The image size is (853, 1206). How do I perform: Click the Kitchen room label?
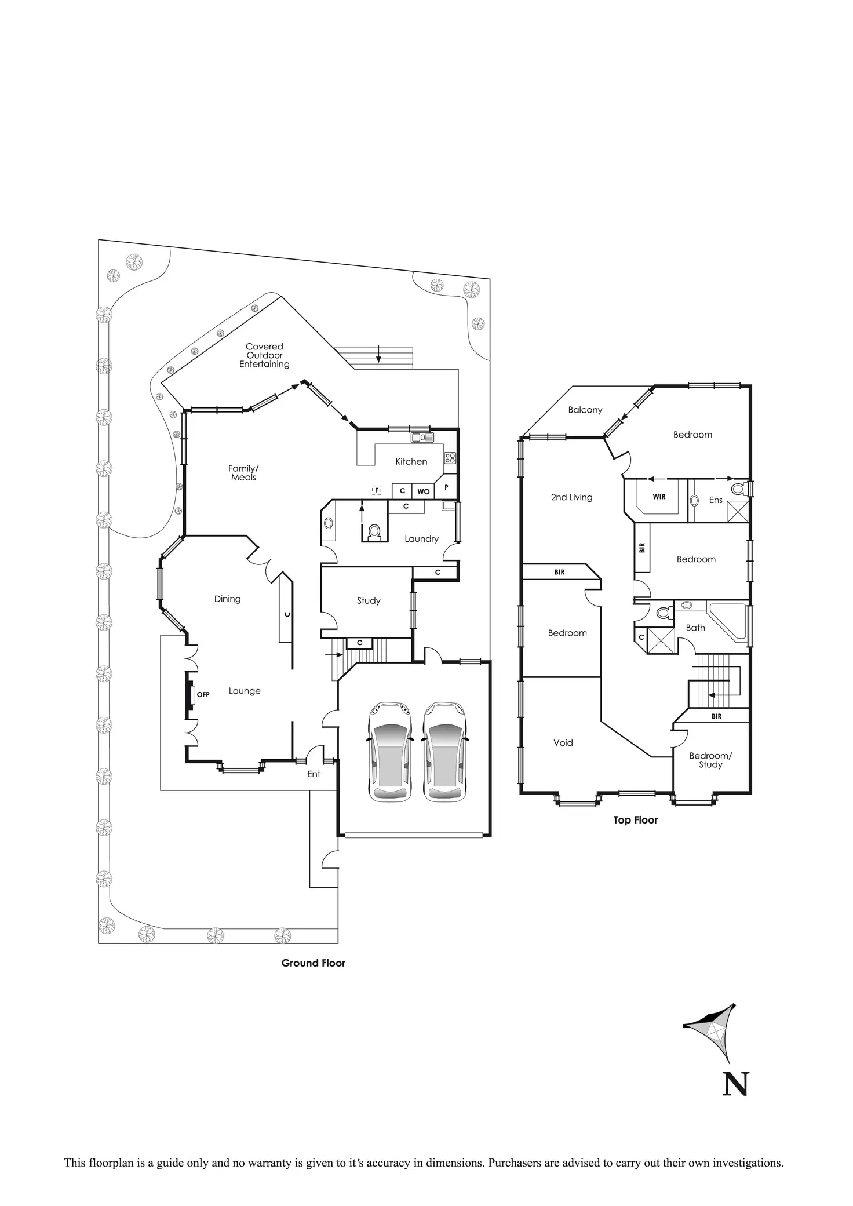coord(411,461)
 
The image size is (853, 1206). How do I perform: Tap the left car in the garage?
coord(390,752)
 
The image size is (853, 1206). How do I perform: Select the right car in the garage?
coord(444,752)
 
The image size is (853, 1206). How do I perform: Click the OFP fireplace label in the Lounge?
coord(203,694)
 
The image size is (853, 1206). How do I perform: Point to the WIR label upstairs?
coord(659,497)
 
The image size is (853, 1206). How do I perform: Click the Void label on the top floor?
coord(563,742)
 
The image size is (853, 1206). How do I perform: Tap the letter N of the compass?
coord(735,1084)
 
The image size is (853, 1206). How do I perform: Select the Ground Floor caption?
coord(313,963)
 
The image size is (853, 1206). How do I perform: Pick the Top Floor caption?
coord(636,820)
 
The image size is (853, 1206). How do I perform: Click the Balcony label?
coord(585,410)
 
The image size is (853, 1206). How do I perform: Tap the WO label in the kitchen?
coord(424,491)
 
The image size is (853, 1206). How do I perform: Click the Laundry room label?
coord(421,538)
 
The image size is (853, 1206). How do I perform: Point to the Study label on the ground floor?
coord(369,600)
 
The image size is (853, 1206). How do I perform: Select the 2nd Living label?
coord(571,497)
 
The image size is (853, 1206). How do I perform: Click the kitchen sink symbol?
coord(422,438)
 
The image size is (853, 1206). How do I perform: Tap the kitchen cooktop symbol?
coord(450,458)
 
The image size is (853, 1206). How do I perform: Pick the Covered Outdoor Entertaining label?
coord(264,355)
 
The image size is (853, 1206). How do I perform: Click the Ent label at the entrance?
coord(314,774)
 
